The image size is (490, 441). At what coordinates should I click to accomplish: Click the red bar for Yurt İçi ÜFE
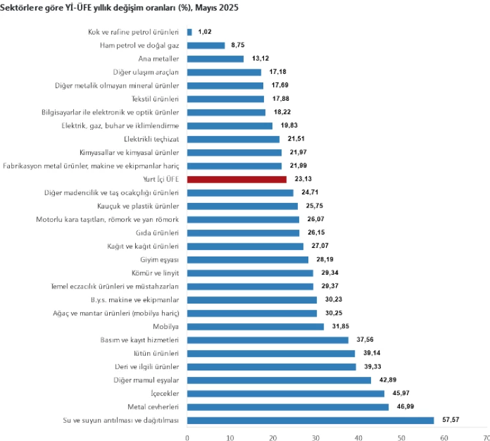(x=237, y=179)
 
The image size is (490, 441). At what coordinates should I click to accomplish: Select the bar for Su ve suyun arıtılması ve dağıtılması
(x=310, y=420)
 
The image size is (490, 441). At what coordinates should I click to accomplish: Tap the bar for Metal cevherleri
(x=287, y=407)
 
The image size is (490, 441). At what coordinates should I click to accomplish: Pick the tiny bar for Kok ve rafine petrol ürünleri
(x=189, y=31)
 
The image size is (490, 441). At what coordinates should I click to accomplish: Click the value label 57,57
(x=450, y=420)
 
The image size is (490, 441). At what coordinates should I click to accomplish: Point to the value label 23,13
(x=303, y=179)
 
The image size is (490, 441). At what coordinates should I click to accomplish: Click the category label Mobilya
(x=165, y=326)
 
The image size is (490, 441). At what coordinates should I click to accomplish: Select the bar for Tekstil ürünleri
(x=225, y=99)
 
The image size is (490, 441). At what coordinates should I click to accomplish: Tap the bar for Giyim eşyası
(x=248, y=260)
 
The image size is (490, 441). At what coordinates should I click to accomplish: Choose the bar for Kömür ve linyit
(x=250, y=273)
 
